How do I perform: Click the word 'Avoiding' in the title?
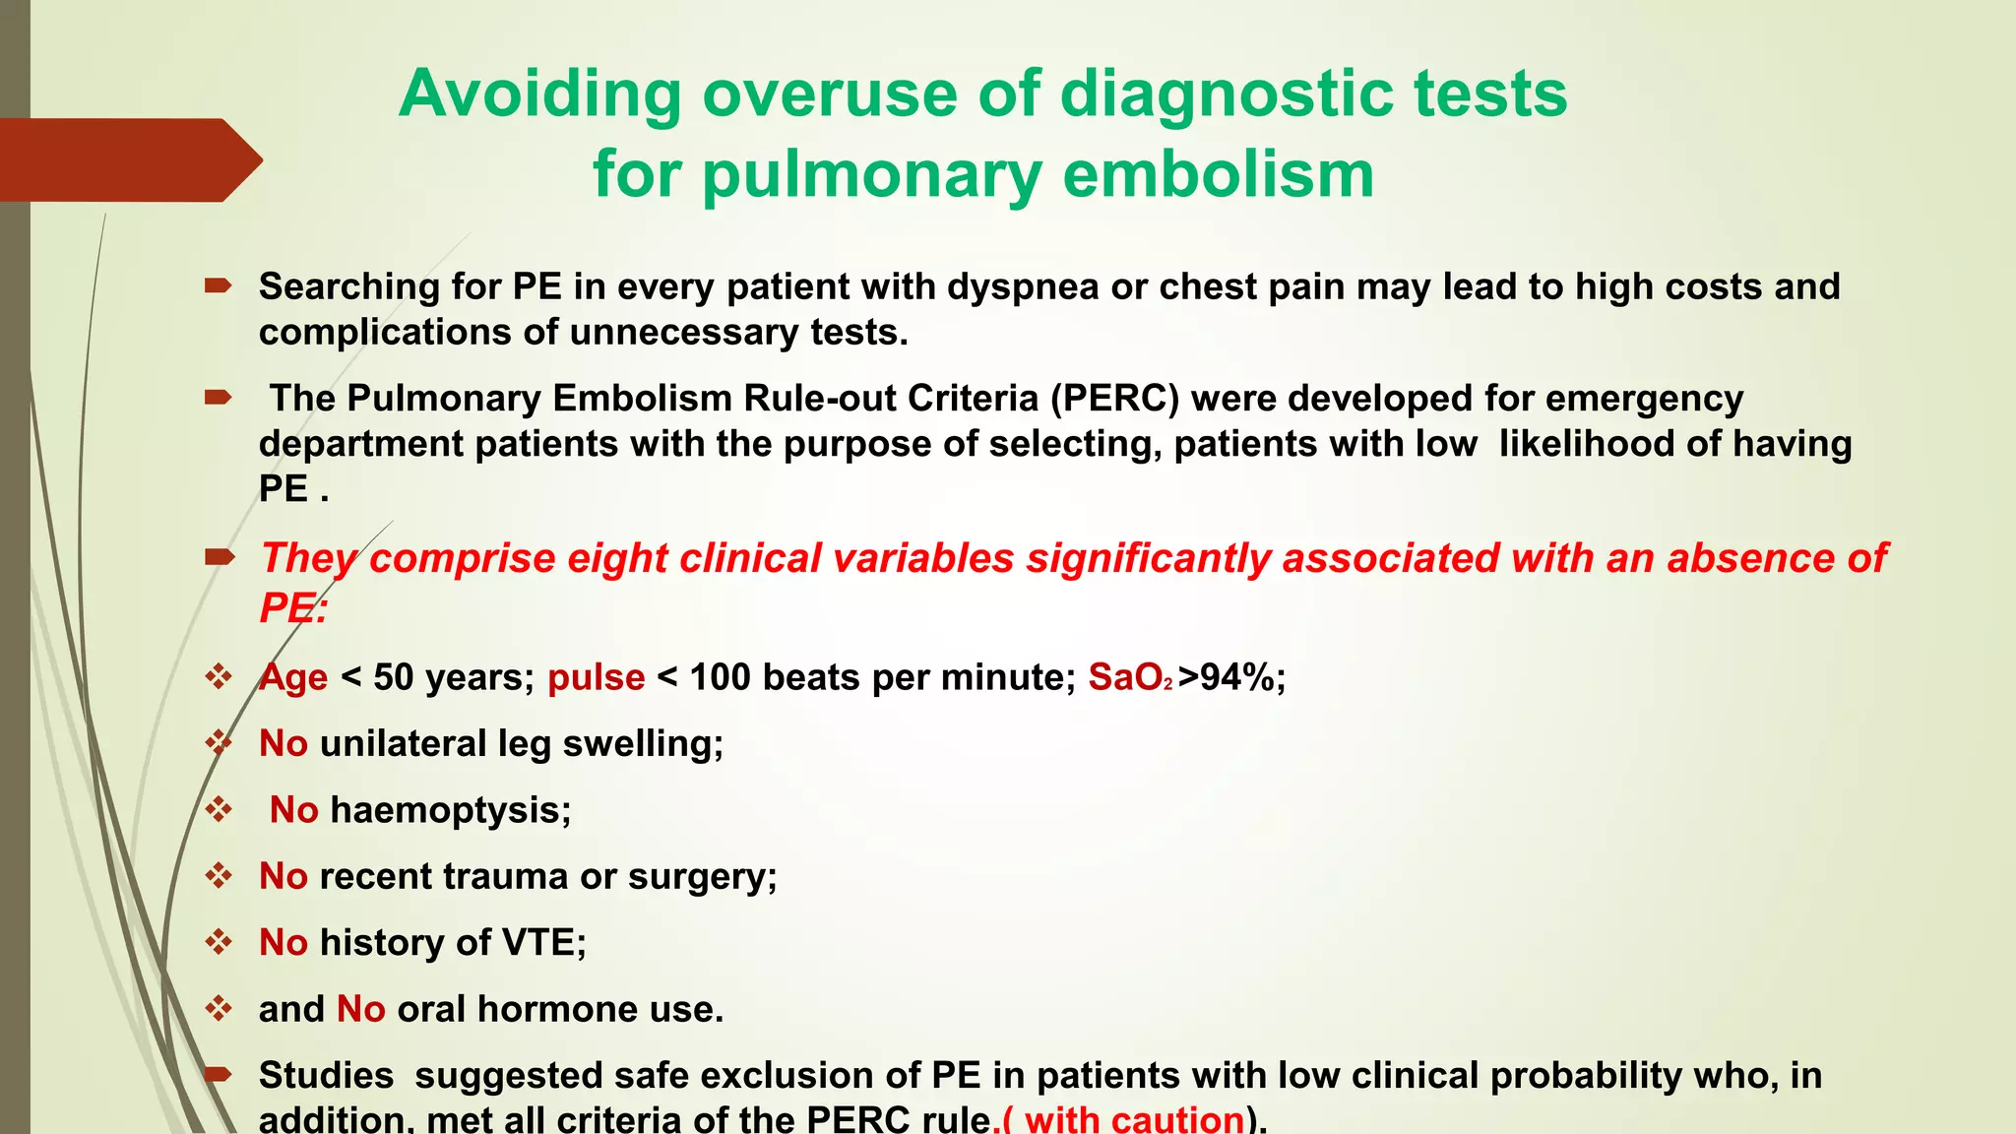(x=539, y=94)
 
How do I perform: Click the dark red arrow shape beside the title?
(x=128, y=159)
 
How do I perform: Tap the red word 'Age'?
(x=293, y=677)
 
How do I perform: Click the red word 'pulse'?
(x=596, y=677)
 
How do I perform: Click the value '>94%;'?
(x=1231, y=677)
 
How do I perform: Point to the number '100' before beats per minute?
(x=720, y=677)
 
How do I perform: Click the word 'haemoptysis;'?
(x=451, y=810)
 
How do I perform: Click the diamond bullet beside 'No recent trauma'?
(x=218, y=875)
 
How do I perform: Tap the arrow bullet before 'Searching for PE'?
(x=218, y=286)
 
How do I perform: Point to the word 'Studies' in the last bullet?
(x=326, y=1075)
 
